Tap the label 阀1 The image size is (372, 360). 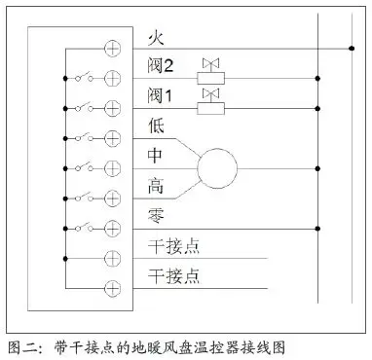[161, 96]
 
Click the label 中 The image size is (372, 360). [155, 156]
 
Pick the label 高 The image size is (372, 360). [155, 186]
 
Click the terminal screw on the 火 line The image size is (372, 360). [112, 47]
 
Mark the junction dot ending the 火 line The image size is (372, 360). [352, 47]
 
